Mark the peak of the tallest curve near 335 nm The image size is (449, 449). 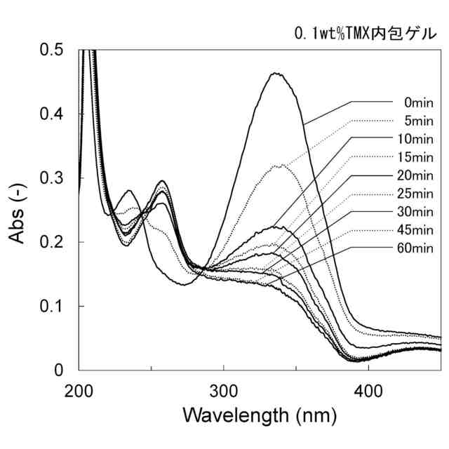276,73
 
